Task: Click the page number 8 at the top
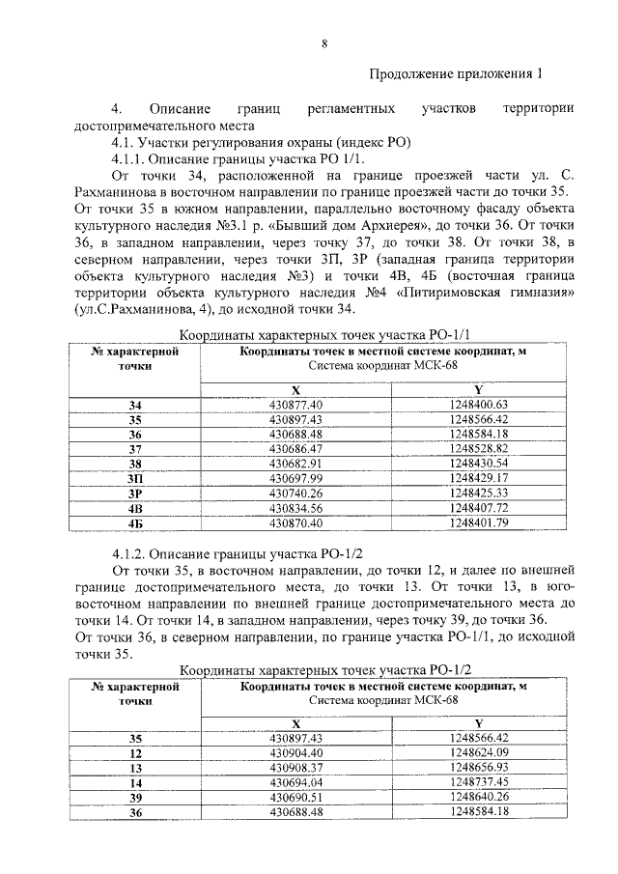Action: coord(324,42)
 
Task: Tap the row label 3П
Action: coord(134,478)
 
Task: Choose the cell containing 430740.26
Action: coord(295,493)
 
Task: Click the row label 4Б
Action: coord(134,522)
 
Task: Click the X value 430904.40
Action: coord(295,752)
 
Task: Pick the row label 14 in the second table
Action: coord(134,782)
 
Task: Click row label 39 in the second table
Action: coord(134,797)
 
